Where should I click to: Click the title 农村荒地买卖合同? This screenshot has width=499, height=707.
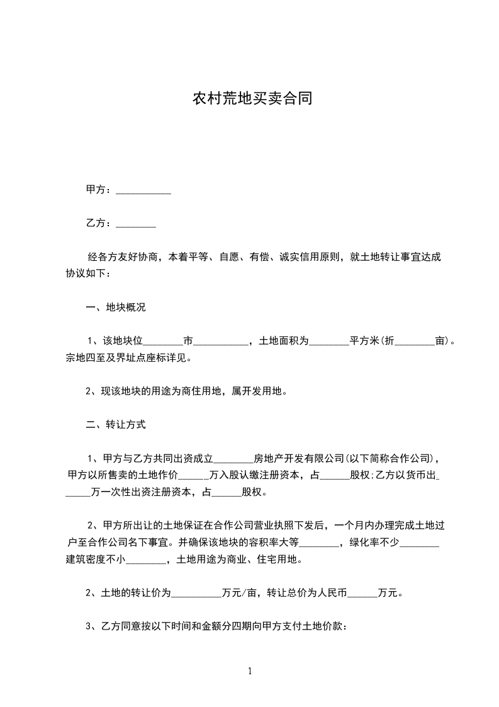[x=252, y=99]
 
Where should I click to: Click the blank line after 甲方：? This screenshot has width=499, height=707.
[x=143, y=190]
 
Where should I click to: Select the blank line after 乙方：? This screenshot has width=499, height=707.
[x=136, y=223]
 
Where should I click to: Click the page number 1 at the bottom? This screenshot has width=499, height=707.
[x=250, y=671]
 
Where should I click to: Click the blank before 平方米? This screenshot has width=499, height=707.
[x=329, y=342]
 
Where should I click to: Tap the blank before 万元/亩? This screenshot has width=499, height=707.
[x=196, y=593]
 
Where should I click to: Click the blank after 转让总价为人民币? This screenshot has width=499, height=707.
[x=362, y=593]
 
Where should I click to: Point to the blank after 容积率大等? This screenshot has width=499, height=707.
[x=322, y=543]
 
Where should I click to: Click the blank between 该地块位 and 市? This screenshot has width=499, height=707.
[x=163, y=342]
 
